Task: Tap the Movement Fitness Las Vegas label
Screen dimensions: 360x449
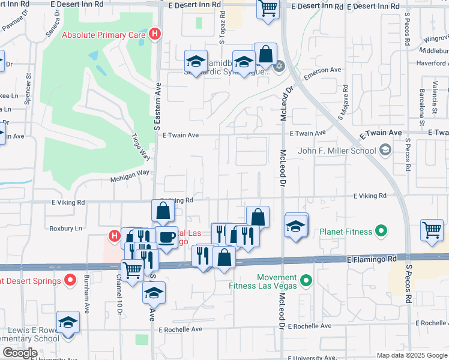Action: pos(263,281)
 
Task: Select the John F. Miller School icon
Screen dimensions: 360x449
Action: pos(385,150)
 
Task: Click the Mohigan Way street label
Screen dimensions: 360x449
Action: pos(129,179)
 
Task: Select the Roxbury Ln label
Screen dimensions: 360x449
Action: pos(65,229)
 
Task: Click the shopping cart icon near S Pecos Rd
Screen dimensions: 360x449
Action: pos(432,230)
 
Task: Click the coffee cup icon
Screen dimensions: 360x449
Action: pos(166,237)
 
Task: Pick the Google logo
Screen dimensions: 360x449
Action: pos(20,353)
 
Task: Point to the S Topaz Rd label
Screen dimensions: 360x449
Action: pos(222,28)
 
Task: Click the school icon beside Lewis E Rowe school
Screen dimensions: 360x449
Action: pos(68,322)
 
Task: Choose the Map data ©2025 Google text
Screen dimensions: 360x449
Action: pos(412,355)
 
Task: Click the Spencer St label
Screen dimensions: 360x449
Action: pos(28,89)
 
